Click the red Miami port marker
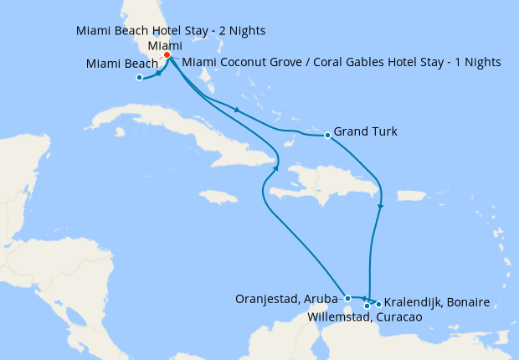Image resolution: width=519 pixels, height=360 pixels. coord(167,55)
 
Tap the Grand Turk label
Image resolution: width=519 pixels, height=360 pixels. coord(365,131)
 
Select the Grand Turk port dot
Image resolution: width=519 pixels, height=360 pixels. coord(326,135)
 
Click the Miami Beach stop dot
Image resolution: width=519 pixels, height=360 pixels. coord(139,79)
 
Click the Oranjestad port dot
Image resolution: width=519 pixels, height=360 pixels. coord(347,297)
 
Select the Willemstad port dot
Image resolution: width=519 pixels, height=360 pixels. coord(367,306)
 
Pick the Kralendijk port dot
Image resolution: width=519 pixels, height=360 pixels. coord(378,303)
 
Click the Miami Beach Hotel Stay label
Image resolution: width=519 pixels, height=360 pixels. coord(171,31)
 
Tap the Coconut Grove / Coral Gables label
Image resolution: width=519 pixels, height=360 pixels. coord(341,62)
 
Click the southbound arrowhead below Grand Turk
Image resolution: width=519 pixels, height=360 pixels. coord(381,207)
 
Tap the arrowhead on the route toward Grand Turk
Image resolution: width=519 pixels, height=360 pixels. coord(239,111)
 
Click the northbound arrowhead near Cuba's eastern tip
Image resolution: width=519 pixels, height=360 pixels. coord(275,170)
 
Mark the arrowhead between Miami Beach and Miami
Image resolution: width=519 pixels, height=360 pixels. coord(159,74)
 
